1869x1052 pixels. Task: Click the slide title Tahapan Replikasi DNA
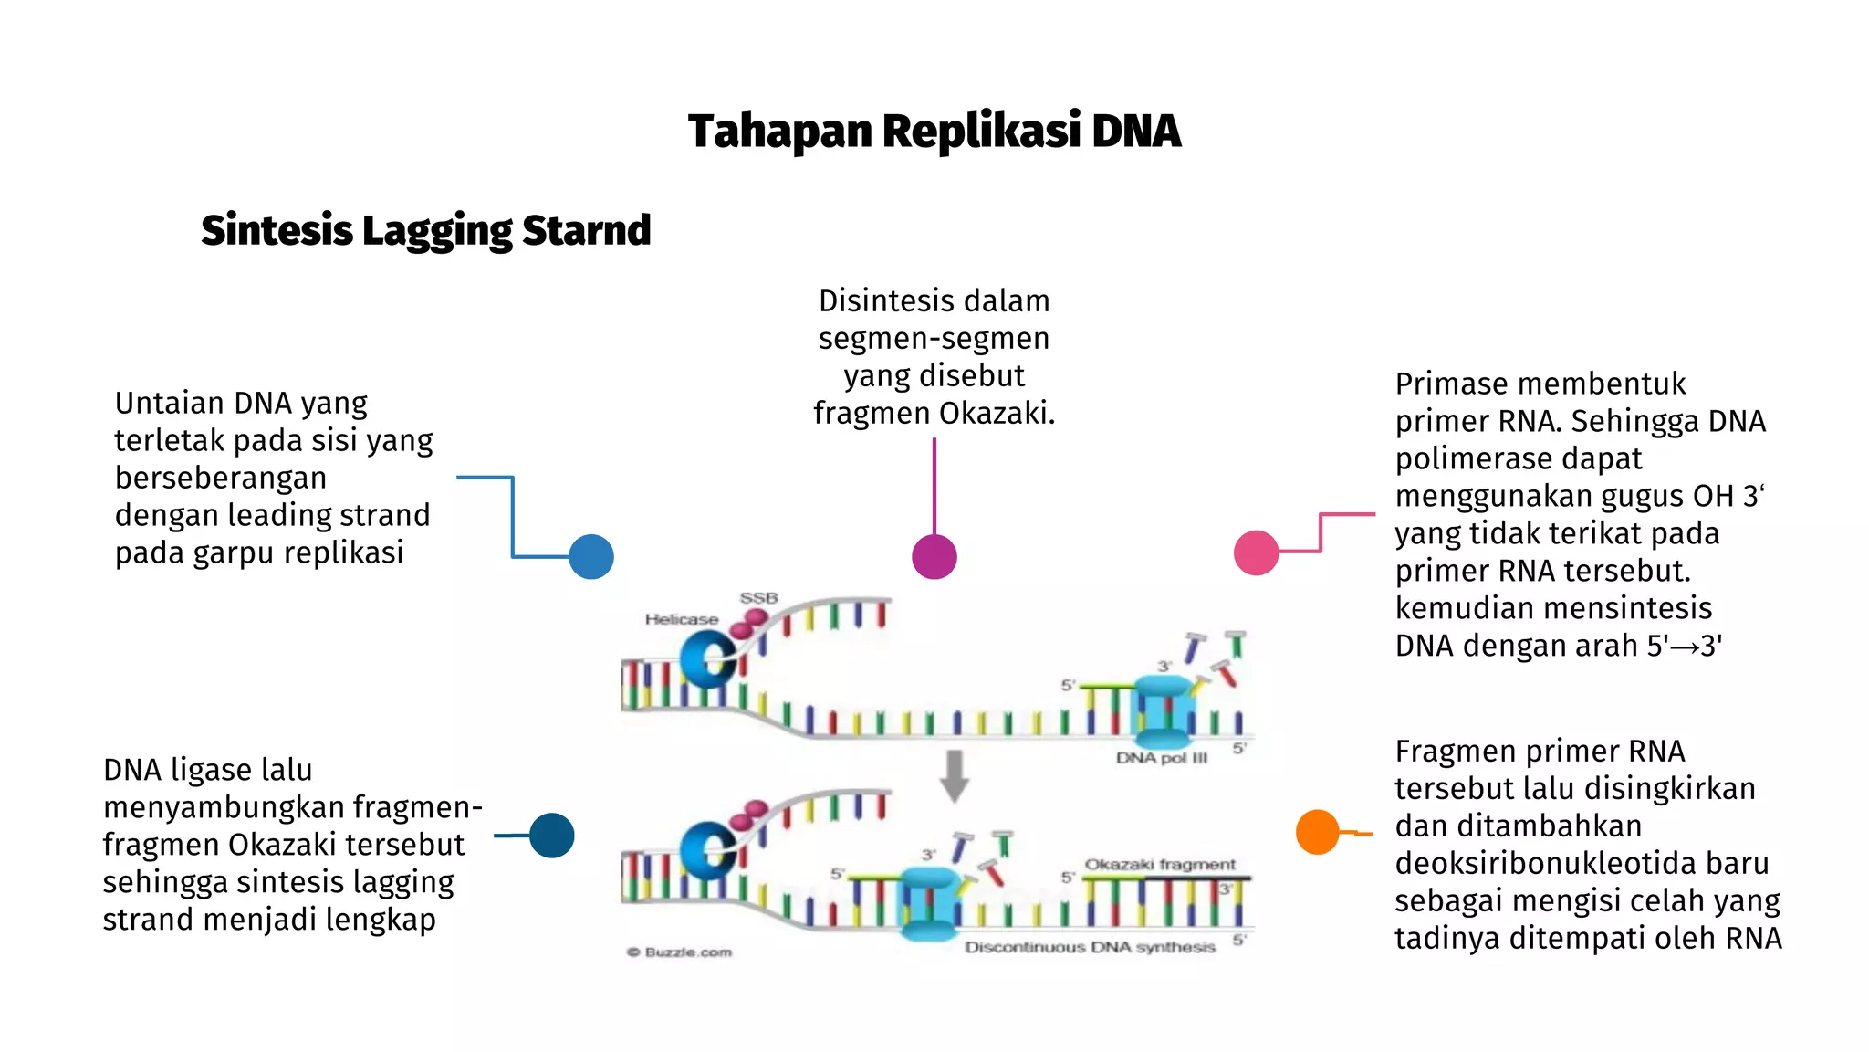point(934,131)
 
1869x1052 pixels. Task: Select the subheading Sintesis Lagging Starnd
point(425,230)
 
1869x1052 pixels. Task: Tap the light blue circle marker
point(591,557)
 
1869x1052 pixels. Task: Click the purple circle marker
point(934,557)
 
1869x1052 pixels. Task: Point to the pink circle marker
point(1256,552)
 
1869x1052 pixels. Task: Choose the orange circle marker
point(1317,832)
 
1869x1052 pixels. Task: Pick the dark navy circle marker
point(552,836)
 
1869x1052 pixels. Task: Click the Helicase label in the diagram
point(681,619)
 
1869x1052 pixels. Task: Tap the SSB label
point(758,598)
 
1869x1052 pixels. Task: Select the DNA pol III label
point(1161,758)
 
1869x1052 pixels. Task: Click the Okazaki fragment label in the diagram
point(1159,864)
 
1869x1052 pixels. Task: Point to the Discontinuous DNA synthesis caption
point(1090,948)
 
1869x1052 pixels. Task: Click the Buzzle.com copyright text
point(680,952)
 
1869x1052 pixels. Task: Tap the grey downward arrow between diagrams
point(955,775)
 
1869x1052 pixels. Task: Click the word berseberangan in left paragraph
point(220,478)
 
